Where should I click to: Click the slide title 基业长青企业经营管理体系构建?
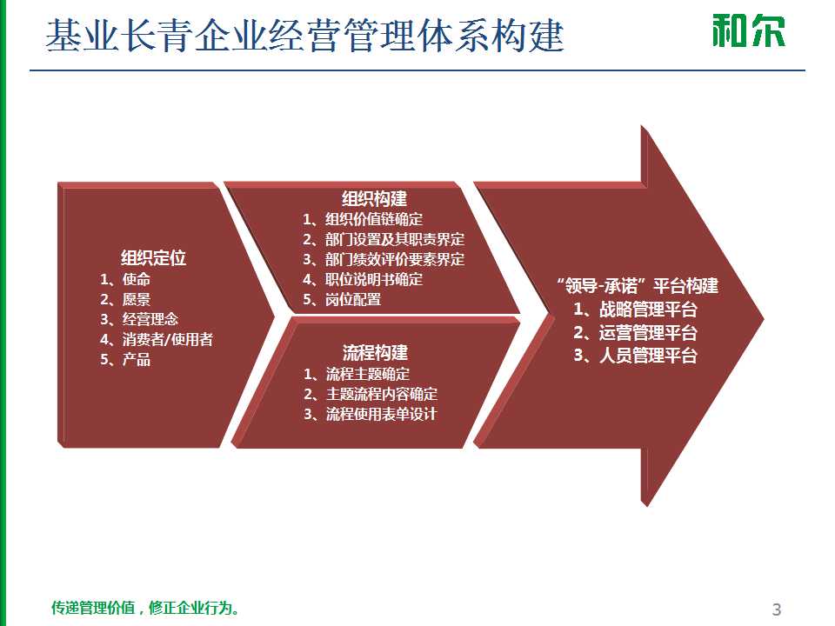pos(304,37)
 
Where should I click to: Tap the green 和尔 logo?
pos(748,30)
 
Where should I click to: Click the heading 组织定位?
pos(153,258)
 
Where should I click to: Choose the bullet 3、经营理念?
pos(139,320)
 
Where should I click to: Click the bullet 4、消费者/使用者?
pos(157,340)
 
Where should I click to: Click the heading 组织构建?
pos(374,199)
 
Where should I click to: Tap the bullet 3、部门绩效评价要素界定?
pos(384,260)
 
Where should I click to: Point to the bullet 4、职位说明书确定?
pos(363,280)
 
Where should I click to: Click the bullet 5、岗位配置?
pos(342,300)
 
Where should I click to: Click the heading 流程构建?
pos(374,353)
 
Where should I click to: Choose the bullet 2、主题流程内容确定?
pos(371,395)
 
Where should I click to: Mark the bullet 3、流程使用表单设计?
pos(371,415)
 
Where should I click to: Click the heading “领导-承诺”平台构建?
pos(637,286)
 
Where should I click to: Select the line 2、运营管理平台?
pos(635,332)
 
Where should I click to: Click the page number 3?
pos(777,609)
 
